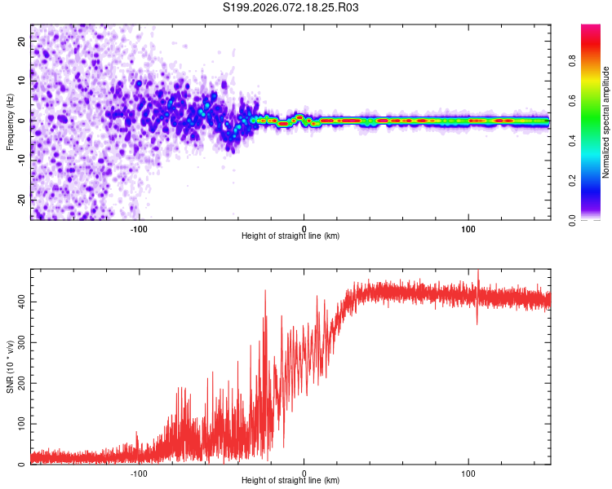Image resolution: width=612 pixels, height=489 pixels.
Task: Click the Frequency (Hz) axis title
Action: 10,121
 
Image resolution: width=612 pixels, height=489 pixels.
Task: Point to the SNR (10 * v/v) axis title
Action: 10,366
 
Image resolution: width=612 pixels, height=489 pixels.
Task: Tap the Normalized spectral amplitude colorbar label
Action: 606,122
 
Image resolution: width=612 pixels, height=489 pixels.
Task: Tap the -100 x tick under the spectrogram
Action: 139,228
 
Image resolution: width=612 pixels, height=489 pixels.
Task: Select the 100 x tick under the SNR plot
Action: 468,473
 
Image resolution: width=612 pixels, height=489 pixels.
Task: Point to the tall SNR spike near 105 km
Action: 478,281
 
